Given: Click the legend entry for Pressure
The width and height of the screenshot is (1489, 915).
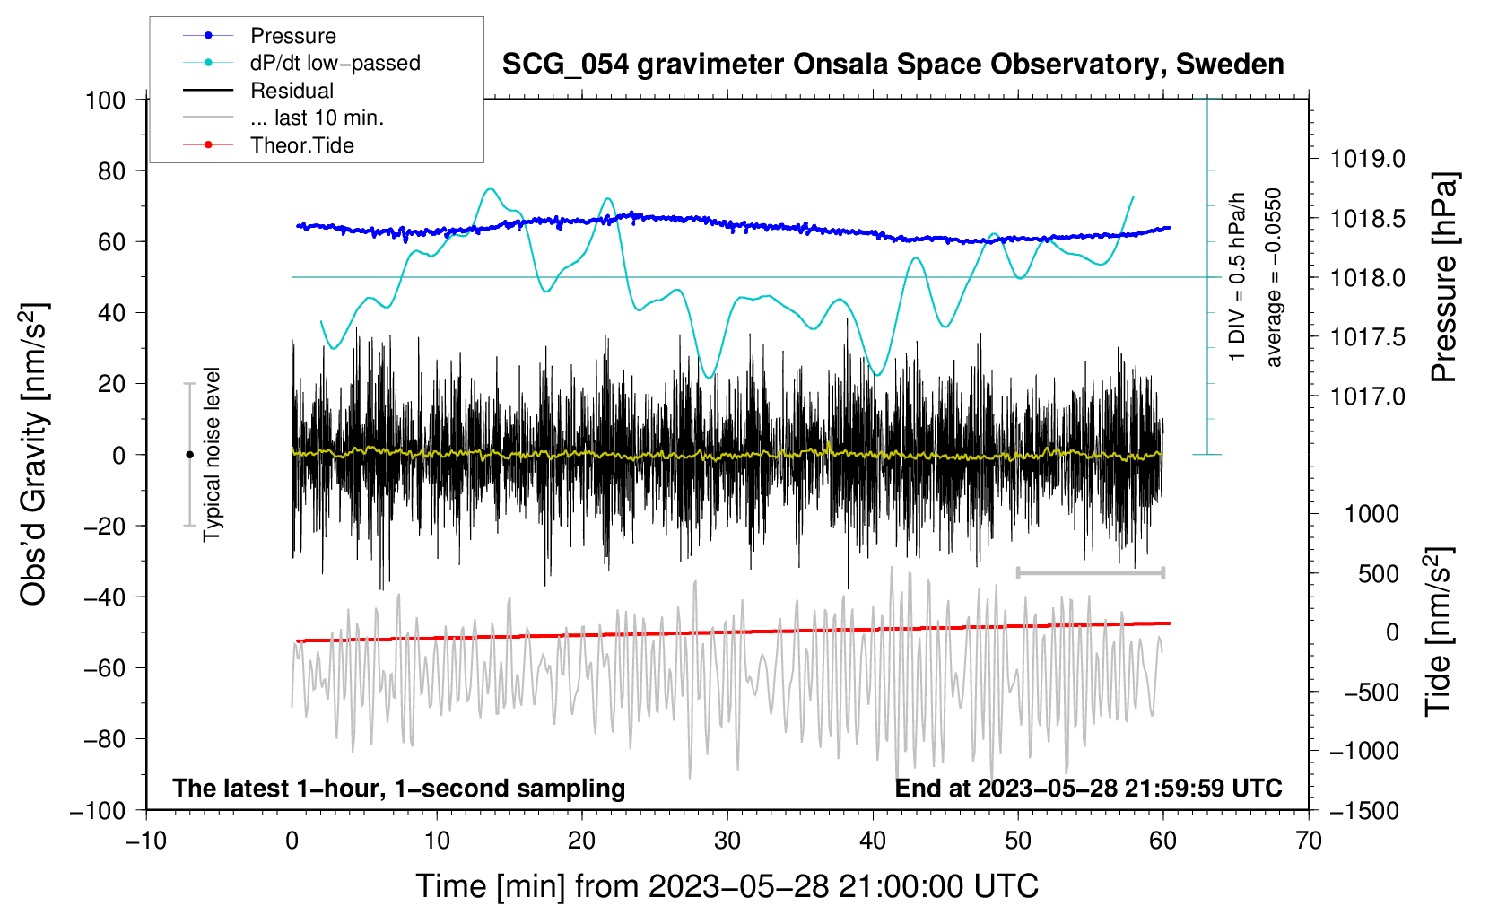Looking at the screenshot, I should (x=292, y=36).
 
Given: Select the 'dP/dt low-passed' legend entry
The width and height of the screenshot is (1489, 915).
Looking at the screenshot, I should (x=335, y=63).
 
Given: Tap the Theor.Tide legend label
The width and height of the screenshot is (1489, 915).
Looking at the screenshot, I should (x=302, y=145).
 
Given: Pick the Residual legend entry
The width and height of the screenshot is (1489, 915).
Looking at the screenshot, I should (x=292, y=91).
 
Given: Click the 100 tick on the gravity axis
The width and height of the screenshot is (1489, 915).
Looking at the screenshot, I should (x=105, y=100).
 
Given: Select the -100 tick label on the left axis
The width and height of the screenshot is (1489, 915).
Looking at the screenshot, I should (x=98, y=810).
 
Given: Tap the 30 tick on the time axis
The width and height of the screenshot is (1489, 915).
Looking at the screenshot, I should (x=727, y=841).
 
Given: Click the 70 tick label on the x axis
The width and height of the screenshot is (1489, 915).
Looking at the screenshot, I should (x=1309, y=841).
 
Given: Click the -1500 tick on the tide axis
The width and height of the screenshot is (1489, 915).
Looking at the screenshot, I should (x=1364, y=810).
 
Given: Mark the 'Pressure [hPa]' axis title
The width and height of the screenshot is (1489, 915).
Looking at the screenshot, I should (x=1443, y=277).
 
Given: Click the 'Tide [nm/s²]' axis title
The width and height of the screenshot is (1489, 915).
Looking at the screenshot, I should (x=1438, y=632).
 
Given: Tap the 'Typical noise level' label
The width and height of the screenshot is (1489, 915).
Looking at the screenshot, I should (x=212, y=454).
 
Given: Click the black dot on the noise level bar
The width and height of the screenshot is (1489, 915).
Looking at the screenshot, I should (x=189, y=455).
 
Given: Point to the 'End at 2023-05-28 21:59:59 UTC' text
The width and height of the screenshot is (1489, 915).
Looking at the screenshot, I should (x=1088, y=788).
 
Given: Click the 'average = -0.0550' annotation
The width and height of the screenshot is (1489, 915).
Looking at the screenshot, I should (x=1274, y=277).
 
